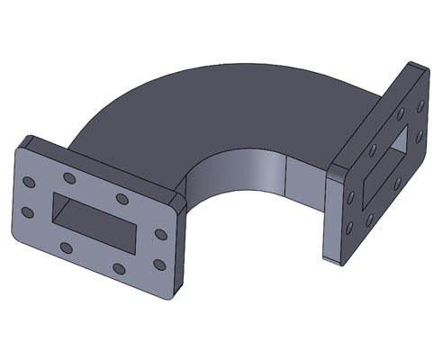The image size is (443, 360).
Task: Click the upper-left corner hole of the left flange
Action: (x=29, y=183)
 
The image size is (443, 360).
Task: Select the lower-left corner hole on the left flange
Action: (x=27, y=212)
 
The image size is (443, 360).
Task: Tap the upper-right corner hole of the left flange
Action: (x=160, y=234)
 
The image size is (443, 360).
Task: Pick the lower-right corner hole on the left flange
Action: (x=159, y=264)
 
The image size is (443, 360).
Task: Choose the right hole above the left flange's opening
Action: (x=122, y=198)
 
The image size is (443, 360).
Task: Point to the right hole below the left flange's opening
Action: (x=119, y=267)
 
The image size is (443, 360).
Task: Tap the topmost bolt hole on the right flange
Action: (x=420, y=104)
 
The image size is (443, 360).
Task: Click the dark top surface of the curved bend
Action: (x=225, y=108)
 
